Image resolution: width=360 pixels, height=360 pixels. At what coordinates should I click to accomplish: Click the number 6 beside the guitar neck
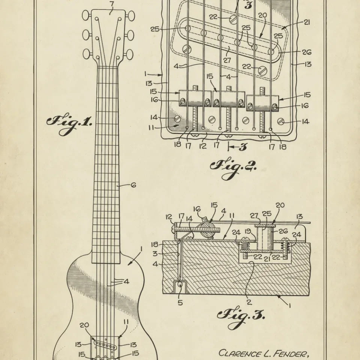133,185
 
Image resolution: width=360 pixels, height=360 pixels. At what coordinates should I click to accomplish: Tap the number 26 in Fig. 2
307,52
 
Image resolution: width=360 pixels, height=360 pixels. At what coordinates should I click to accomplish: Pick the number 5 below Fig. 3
180,303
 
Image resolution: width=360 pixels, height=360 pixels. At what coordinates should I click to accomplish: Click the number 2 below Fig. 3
249,302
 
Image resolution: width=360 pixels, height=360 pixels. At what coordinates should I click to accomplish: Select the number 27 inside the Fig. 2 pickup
227,60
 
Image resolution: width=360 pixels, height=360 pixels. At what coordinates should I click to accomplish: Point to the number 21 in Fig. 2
307,22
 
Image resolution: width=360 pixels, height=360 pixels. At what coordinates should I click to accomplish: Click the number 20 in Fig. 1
84,325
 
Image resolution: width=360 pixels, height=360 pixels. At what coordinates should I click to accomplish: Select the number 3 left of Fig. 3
155,254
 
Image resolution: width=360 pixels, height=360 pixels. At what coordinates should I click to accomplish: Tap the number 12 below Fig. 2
203,146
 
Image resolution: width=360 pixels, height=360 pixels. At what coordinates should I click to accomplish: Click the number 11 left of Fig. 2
151,127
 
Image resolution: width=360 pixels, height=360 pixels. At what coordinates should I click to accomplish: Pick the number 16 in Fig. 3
197,209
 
